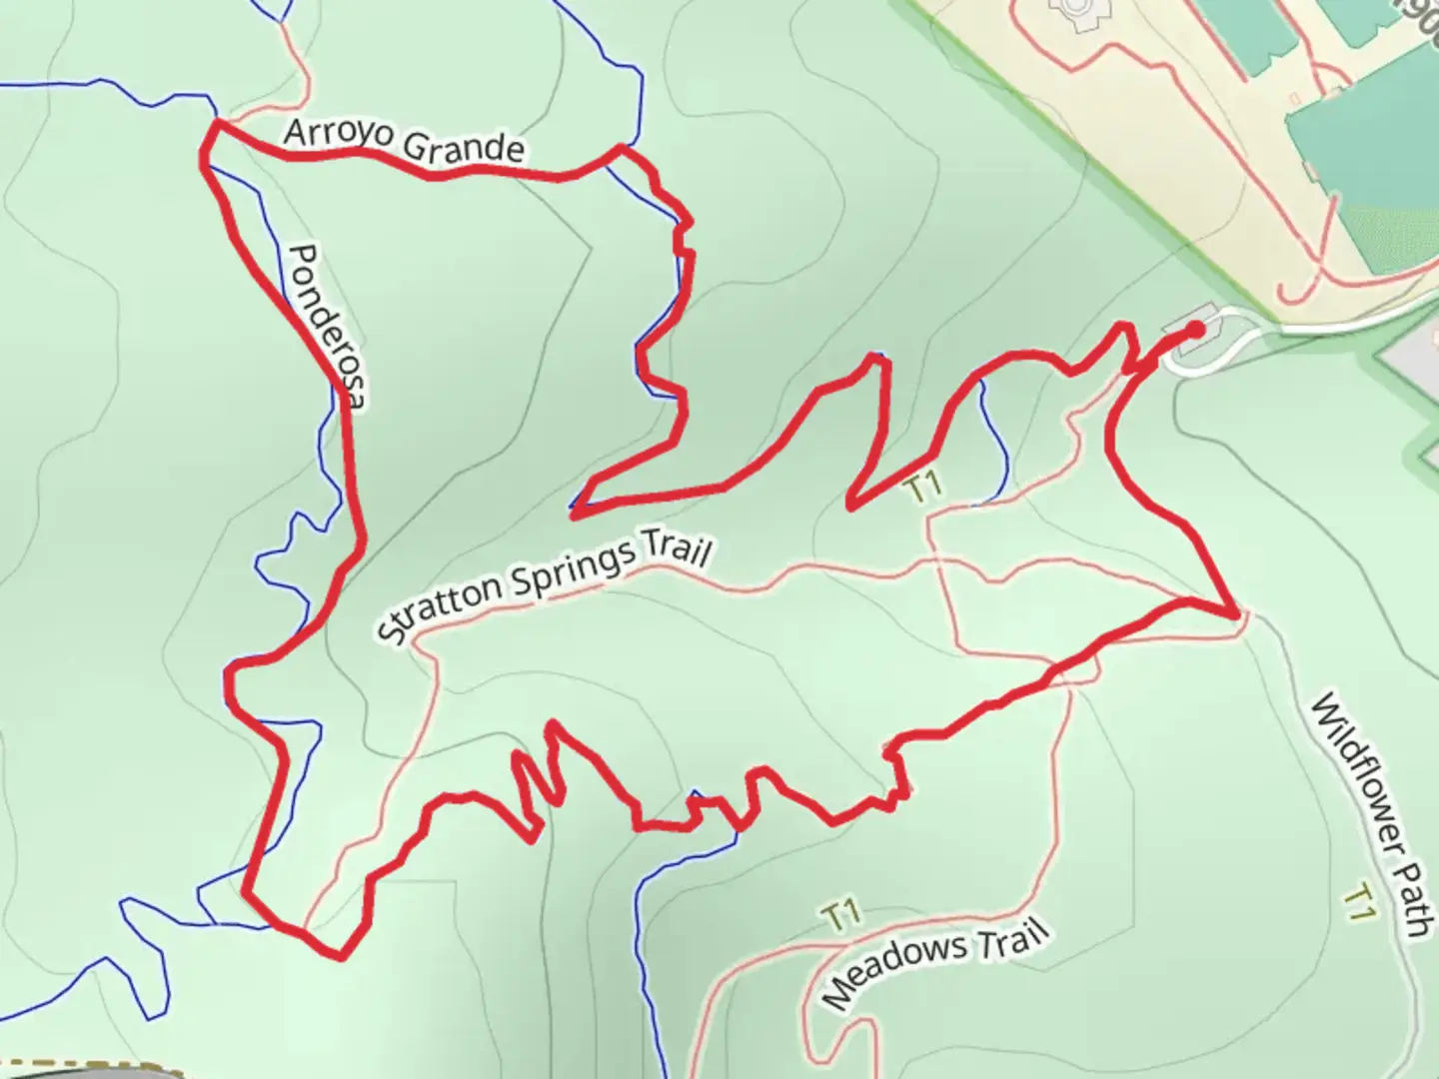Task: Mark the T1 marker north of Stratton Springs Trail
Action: (x=923, y=488)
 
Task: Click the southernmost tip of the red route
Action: (x=341, y=957)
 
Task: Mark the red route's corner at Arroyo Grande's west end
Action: (x=214, y=124)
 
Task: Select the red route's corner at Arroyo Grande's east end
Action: (x=622, y=148)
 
